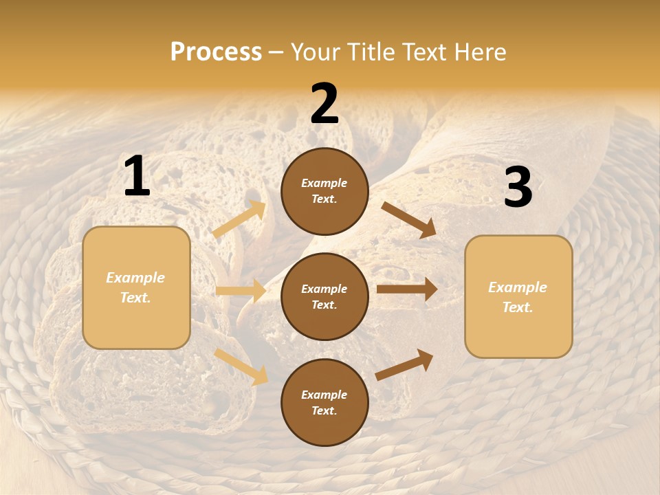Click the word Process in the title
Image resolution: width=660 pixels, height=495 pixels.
point(216,52)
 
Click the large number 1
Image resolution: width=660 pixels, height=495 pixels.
point(137,177)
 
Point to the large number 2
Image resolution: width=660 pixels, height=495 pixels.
point(324,104)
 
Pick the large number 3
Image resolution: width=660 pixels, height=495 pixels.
point(518,188)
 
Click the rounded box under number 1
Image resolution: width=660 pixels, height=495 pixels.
point(136,287)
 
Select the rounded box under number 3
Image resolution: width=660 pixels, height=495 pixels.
point(518,297)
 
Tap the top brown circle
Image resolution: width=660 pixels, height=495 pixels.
point(324,191)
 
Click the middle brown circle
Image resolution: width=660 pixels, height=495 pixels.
point(324,296)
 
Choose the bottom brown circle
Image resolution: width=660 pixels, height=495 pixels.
point(324,402)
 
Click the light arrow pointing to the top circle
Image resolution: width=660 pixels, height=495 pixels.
point(239,219)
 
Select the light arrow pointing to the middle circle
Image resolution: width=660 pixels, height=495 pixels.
point(241,291)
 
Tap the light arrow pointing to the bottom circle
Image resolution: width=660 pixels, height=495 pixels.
point(241,366)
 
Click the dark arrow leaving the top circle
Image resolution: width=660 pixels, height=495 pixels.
point(408,220)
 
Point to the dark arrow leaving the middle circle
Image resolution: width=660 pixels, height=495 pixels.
point(407,289)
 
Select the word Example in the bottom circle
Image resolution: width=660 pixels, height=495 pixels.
point(324,395)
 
